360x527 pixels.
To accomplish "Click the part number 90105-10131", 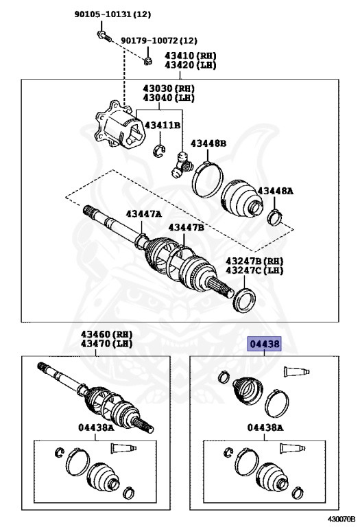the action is click(103, 14).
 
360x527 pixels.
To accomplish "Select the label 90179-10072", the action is click(149, 40).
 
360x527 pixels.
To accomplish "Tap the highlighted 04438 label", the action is click(264, 344).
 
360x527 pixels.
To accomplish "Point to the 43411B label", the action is click(163, 125).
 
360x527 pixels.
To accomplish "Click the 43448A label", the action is click(276, 191).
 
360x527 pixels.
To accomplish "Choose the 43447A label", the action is click(144, 214).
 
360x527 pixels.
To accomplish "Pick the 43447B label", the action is click(186, 228).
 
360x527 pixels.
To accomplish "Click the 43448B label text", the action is click(208, 143).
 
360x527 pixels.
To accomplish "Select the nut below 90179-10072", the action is click(147, 61).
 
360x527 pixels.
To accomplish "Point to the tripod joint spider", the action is click(182, 164).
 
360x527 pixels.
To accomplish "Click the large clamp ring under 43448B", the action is click(208, 179).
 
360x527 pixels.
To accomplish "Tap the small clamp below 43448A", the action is click(275, 217).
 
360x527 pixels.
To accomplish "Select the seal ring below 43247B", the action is click(244, 300).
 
